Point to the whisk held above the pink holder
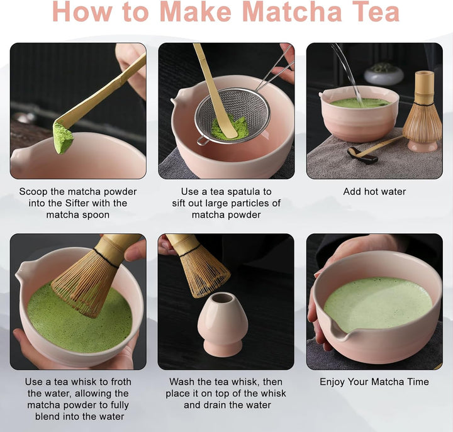click(x=198, y=264)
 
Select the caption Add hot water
click(x=374, y=192)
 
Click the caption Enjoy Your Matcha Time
click(x=374, y=382)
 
